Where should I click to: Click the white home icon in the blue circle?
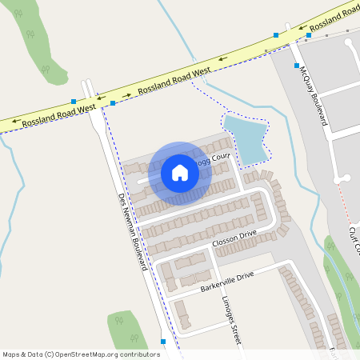(x=180, y=172)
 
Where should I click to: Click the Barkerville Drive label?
(x=226, y=281)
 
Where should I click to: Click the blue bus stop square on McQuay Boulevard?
(x=296, y=65)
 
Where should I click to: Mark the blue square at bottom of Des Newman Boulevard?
(x=163, y=342)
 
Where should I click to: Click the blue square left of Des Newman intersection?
(x=74, y=102)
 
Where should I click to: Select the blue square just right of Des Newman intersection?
(x=113, y=102)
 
